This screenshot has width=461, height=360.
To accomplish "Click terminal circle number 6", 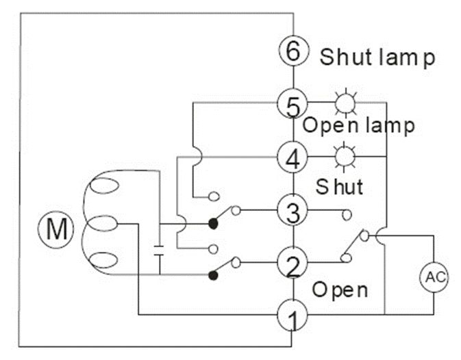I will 292,51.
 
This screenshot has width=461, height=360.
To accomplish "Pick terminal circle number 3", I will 292,211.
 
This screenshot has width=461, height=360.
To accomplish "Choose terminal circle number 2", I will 292,262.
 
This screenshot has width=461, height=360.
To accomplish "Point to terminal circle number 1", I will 292,316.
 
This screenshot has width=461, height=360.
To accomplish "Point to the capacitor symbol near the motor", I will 159,248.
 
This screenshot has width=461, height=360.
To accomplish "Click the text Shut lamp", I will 377,57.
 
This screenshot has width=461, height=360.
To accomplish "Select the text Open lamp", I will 358,126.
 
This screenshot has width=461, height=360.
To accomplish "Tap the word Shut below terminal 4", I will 339,186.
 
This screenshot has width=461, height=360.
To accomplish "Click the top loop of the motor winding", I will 103,187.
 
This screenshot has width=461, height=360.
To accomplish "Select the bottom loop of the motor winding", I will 103,260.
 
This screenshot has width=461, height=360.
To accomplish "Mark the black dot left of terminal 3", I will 213,223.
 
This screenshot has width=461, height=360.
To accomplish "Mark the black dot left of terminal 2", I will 213,275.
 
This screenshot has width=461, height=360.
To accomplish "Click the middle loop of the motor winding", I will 103,224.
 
